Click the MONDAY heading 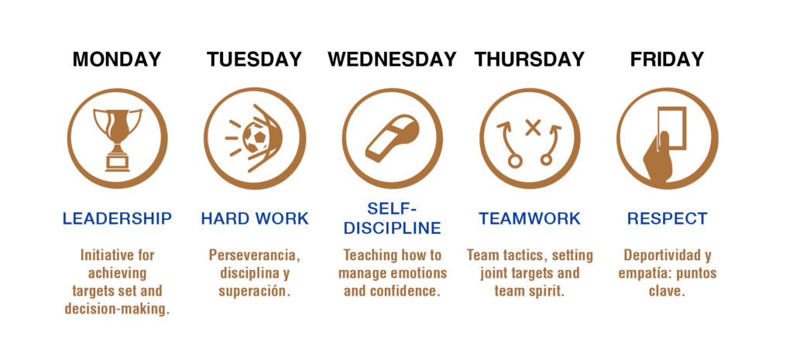[117, 60]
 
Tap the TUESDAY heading [254, 60]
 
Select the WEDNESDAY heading [392, 60]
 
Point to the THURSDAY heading [530, 60]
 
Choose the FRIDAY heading [667, 60]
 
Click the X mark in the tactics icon [532, 128]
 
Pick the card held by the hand [671, 128]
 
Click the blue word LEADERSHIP [117, 219]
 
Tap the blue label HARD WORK [254, 219]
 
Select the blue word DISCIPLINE [392, 228]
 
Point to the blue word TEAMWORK [530, 219]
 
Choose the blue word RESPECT [667, 219]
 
